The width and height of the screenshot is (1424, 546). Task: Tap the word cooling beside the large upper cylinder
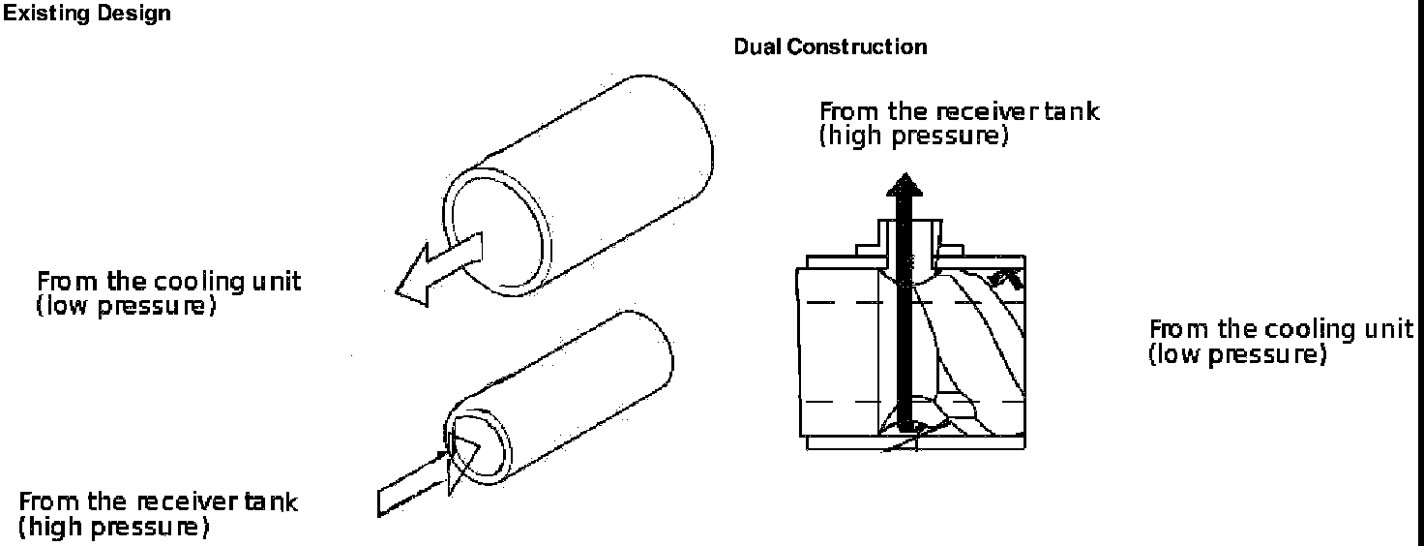tap(193, 282)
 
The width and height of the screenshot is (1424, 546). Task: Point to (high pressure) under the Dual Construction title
tap(913, 136)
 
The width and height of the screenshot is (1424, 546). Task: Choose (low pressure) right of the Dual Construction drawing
tap(1235, 354)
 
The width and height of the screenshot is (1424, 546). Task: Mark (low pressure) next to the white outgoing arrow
tap(124, 307)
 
